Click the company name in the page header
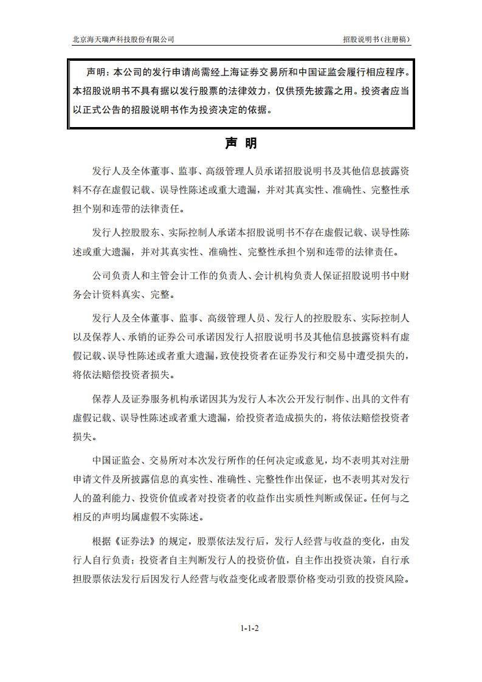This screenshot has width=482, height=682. click(x=123, y=39)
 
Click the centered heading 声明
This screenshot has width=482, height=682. click(x=241, y=143)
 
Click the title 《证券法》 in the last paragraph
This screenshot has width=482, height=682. click(x=140, y=540)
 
